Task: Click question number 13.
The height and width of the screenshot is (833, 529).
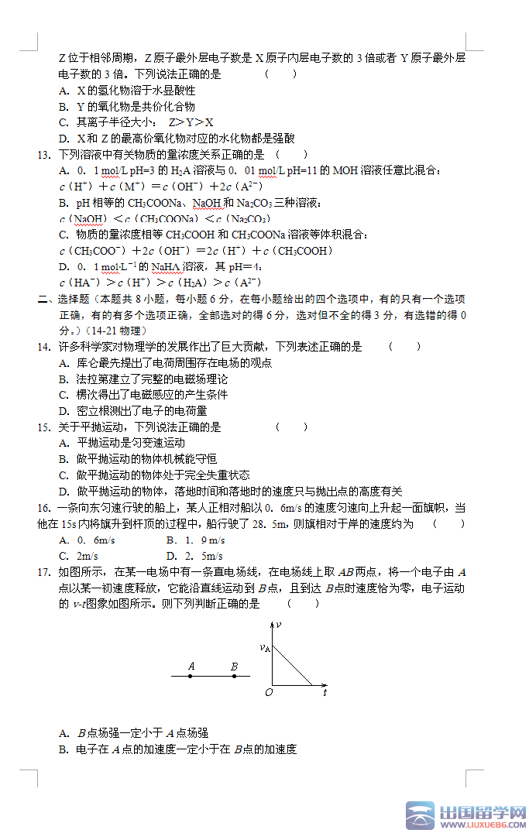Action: pos(43,155)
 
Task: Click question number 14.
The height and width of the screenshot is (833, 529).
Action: pos(43,347)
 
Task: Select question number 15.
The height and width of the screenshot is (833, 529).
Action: pos(43,427)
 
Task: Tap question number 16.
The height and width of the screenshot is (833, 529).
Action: pos(43,508)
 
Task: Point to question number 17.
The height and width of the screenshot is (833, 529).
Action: pos(43,572)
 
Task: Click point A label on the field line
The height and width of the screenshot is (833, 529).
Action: pos(191,666)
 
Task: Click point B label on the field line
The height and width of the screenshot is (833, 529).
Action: pos(234,666)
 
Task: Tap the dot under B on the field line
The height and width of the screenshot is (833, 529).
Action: pos(234,677)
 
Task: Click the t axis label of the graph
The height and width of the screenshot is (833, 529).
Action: pos(325,692)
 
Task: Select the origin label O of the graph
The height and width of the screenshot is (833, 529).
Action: pos(268,692)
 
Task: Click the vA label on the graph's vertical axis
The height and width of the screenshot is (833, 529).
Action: pos(265,648)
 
